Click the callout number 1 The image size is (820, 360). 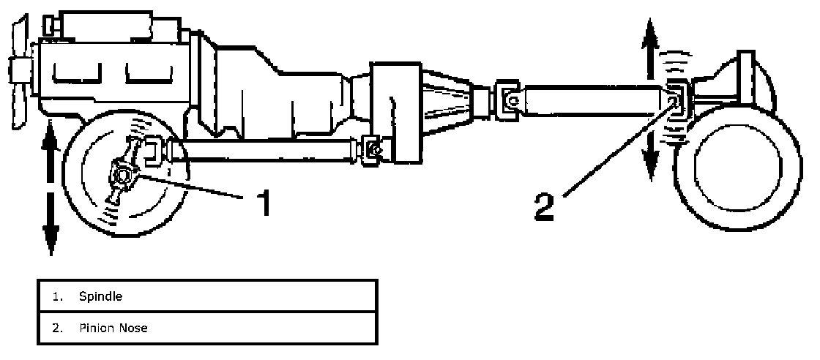coord(261,202)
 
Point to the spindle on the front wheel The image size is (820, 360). coord(120,176)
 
